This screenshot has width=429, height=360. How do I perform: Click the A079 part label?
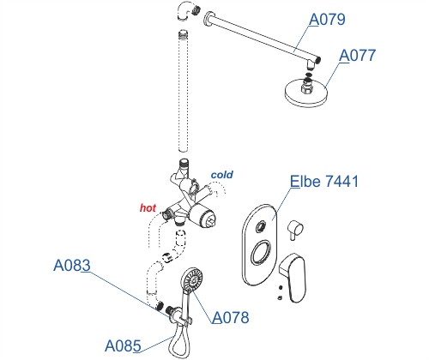[x=327, y=19]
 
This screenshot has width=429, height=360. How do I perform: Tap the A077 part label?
[x=358, y=56]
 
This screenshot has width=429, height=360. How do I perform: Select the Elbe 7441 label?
[x=324, y=181]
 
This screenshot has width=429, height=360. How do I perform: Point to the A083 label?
[x=72, y=265]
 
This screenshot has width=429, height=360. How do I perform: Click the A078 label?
[x=231, y=317]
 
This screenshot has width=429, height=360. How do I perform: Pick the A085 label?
[x=123, y=345]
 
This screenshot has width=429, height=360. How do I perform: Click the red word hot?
[x=148, y=208]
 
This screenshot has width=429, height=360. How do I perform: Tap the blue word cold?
[x=222, y=175]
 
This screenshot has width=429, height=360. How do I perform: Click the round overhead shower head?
[x=306, y=92]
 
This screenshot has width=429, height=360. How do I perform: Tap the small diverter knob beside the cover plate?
[x=294, y=230]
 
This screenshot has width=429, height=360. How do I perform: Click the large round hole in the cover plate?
[x=260, y=253]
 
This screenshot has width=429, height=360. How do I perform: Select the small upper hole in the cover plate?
[x=260, y=227]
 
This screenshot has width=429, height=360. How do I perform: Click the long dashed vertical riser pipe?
[x=183, y=91]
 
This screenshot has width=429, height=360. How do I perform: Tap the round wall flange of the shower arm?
[x=208, y=19]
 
